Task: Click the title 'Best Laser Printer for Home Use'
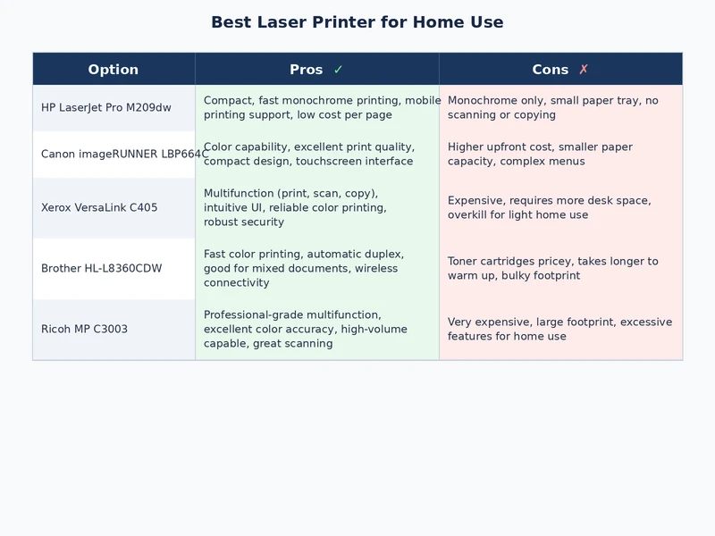[357, 22]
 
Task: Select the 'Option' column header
[114, 70]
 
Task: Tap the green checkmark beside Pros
[338, 70]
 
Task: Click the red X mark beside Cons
[584, 70]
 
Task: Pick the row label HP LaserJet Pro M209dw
[105, 108]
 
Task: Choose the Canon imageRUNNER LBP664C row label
[125, 155]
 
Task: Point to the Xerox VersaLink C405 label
[99, 208]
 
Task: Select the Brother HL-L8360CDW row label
[102, 269]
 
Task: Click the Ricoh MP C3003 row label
[84, 330]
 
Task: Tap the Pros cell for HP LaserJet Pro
[317, 108]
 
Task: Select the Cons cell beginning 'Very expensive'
[559, 330]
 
